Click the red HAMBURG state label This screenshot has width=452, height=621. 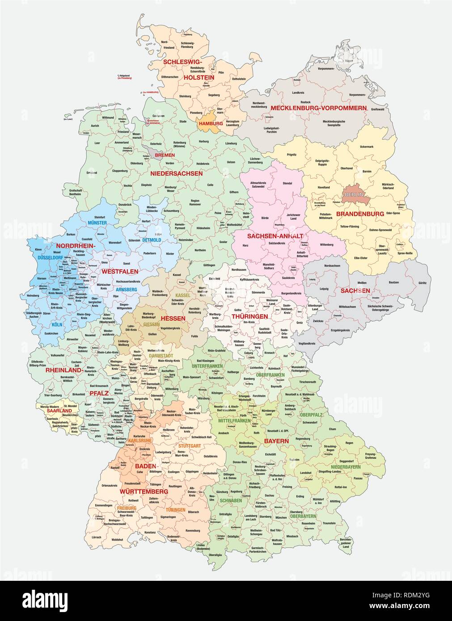coord(211,123)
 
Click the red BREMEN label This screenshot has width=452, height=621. coord(165,155)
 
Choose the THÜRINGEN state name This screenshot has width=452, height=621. coord(249,316)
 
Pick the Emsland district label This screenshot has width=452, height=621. coord(92,172)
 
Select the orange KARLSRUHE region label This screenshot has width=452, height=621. coord(139,440)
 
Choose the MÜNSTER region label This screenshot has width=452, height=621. coord(97,222)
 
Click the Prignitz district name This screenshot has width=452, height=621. coord(291,155)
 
